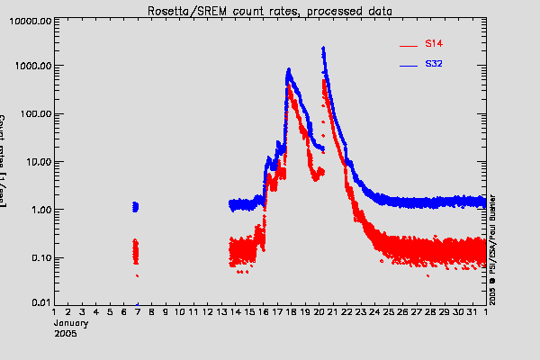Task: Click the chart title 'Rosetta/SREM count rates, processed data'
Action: [x=270, y=10]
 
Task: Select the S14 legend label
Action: [x=433, y=43]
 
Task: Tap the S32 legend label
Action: [x=433, y=65]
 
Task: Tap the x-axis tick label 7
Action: [x=137, y=312]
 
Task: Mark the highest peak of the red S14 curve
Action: [x=323, y=81]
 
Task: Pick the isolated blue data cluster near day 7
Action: [x=135, y=207]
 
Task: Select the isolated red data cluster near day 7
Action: [x=135, y=249]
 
